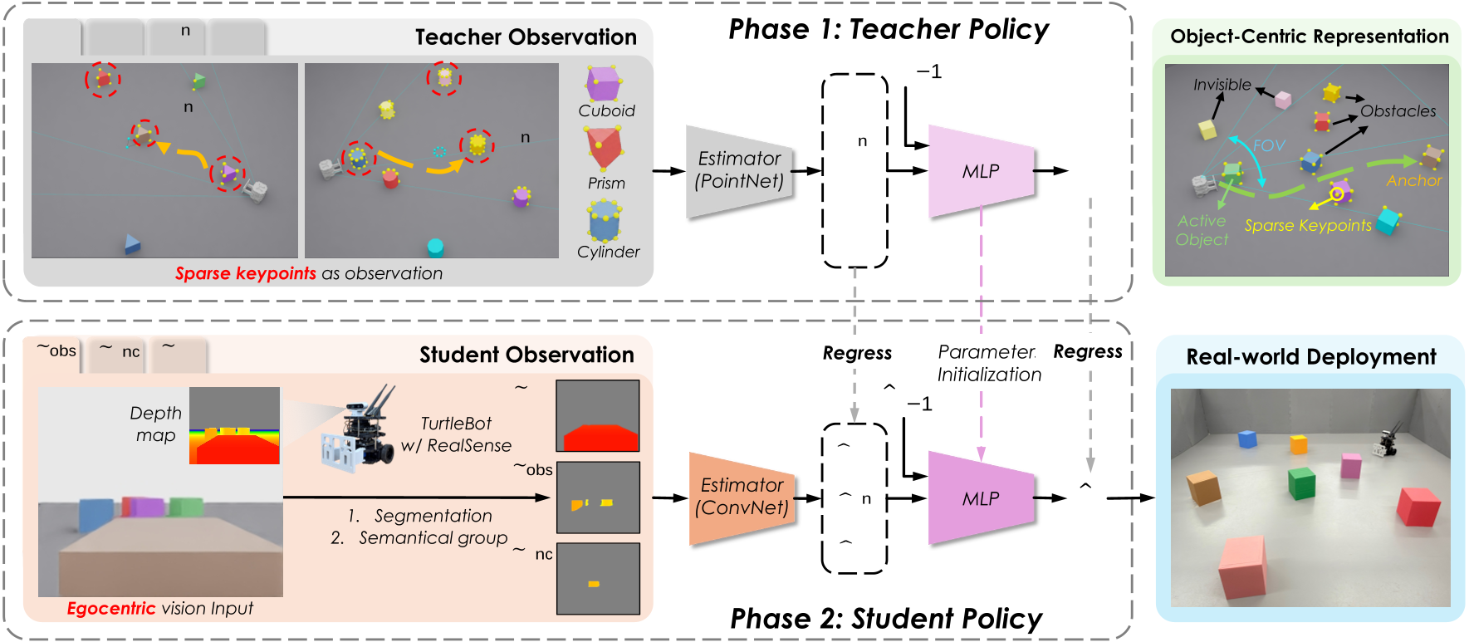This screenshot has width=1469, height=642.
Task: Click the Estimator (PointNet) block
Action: click(738, 170)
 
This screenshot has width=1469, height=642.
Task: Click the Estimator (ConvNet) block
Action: click(742, 497)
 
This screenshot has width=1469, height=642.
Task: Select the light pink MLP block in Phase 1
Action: click(981, 171)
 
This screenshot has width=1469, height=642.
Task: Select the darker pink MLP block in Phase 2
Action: click(981, 498)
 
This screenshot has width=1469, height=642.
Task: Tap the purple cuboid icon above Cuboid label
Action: click(604, 84)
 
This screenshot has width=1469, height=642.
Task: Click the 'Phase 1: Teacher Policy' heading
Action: click(888, 30)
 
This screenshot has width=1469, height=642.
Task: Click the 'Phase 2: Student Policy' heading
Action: click(885, 619)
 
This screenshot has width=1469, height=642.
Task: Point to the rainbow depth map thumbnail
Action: click(234, 425)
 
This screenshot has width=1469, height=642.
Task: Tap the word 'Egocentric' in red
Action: click(110, 609)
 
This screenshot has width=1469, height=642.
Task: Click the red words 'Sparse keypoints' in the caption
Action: click(245, 273)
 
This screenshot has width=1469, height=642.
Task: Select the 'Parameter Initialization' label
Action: click(988, 363)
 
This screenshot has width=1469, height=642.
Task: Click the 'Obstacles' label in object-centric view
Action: click(1398, 111)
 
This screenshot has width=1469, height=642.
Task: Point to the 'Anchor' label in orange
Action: click(1413, 180)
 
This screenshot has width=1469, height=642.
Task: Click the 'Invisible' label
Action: click(1222, 85)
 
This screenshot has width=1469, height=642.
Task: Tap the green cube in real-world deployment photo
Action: click(1301, 483)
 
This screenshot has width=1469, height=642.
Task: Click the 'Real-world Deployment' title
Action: click(1310, 357)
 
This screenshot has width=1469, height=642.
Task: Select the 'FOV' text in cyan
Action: click(1268, 145)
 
